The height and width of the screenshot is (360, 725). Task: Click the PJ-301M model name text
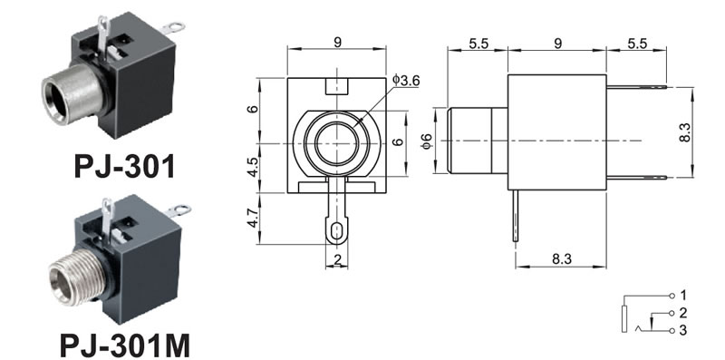pos(125,345)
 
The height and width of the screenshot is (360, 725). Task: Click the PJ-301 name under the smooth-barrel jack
pos(125,166)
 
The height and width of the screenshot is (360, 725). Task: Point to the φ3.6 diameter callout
pos(406,81)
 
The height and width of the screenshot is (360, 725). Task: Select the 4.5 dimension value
pos(253,168)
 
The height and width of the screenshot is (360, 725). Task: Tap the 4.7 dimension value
pos(253,218)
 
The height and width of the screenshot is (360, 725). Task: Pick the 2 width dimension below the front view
pos(337,259)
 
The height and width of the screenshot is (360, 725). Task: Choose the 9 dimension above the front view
pos(337,42)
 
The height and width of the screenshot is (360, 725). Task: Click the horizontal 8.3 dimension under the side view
pos(561,258)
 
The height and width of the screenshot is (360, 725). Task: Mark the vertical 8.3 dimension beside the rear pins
pos(685,131)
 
